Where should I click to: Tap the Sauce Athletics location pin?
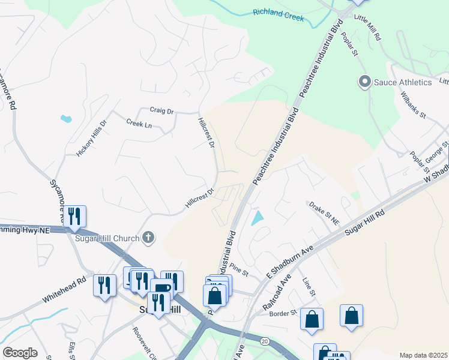pos(364,82)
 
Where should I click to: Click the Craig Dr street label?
pos(161,111)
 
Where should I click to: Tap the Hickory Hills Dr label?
pos(91,139)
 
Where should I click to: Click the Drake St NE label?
pos(324,214)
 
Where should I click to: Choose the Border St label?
pos(283,313)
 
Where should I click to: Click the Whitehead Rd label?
pos(64,290)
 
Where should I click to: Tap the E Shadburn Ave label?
pos(291,262)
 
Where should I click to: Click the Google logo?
pos(20,353)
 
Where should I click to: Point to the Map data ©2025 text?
pos(423,355)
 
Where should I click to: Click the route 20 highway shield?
pos(265,341)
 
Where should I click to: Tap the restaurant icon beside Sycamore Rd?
pos(75,216)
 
